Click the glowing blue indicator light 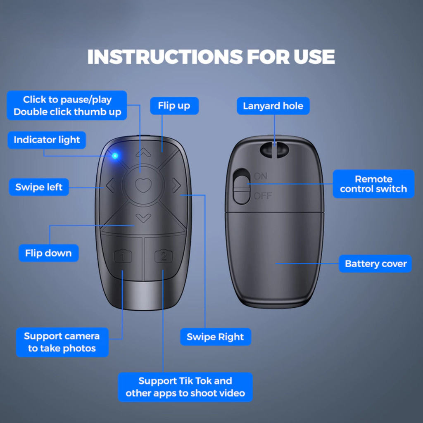coord(115,156)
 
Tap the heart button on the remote coord(143,185)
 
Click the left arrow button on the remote coord(110,185)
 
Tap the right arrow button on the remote coord(176,185)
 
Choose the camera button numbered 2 coord(164,256)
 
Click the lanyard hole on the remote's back coord(274,150)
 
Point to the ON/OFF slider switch coord(241,186)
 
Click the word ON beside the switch coord(261,176)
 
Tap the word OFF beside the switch coord(263,196)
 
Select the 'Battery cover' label coord(375,264)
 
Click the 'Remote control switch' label coord(373,184)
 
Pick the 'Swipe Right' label coord(216,337)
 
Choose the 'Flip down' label coord(49,253)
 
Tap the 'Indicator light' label coord(47,140)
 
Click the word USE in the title coord(314,57)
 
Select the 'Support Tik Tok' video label coord(185,387)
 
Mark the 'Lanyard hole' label coord(273,106)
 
